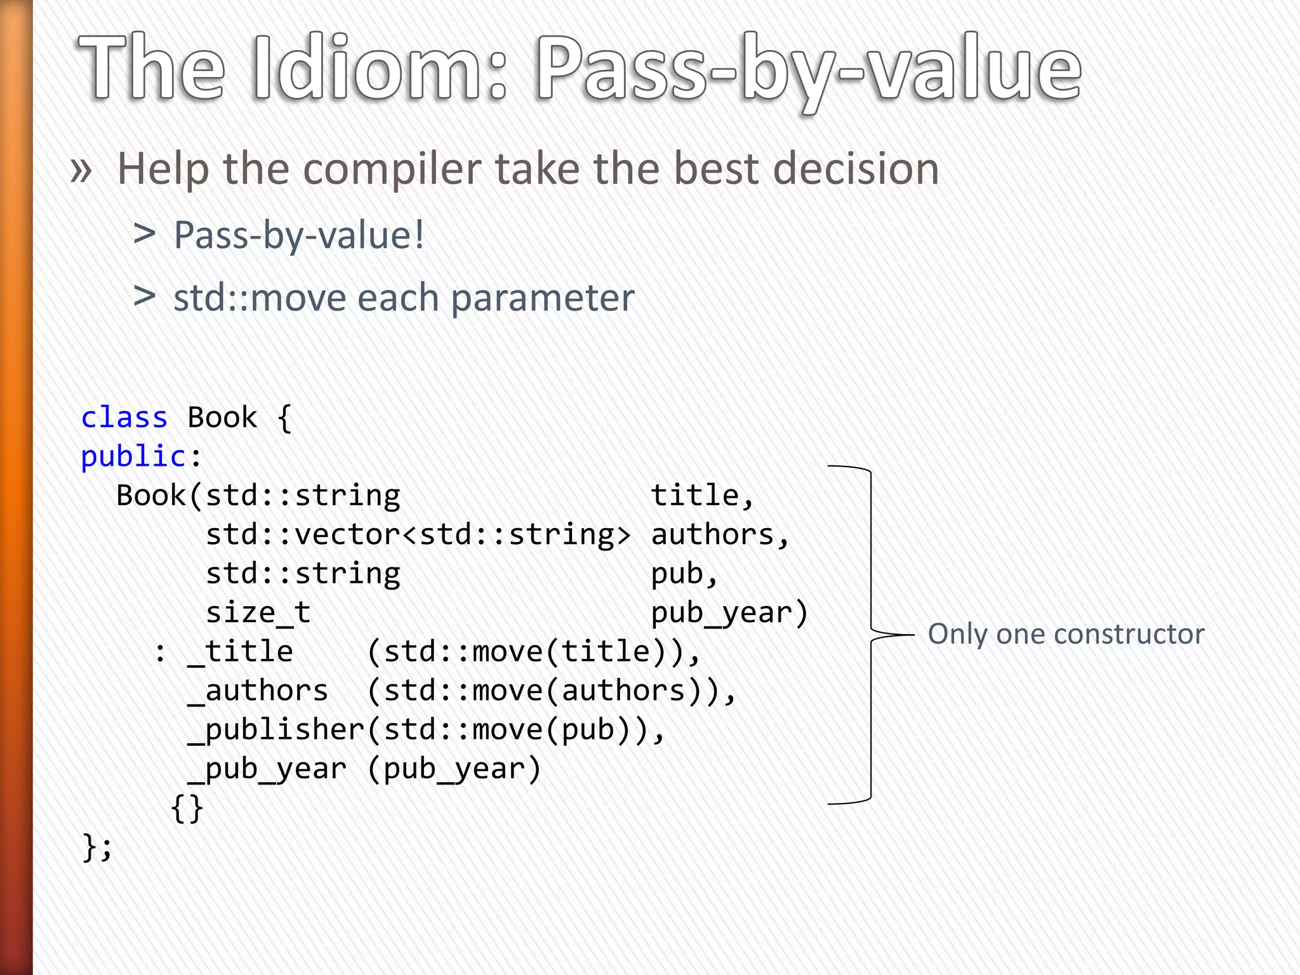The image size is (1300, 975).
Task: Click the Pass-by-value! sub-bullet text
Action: coord(299,236)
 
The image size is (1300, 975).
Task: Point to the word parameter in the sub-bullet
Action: coord(543,298)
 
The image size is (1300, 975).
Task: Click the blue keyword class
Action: coord(124,418)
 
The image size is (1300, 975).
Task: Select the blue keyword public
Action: coord(133,457)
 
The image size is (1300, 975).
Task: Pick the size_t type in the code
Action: coord(258,613)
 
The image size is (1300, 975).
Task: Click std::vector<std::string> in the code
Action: coord(418,535)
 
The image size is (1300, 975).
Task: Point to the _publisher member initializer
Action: coord(277,730)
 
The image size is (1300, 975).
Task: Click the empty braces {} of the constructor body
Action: coord(187,808)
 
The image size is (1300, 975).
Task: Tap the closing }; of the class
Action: coord(97,847)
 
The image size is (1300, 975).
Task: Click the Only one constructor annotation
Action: coord(1066,634)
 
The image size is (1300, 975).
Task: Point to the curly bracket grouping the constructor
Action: coord(871,635)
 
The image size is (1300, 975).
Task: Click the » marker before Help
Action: coord(81,170)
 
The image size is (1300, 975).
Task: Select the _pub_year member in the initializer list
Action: coord(267,769)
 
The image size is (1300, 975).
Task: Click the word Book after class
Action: coord(222,418)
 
